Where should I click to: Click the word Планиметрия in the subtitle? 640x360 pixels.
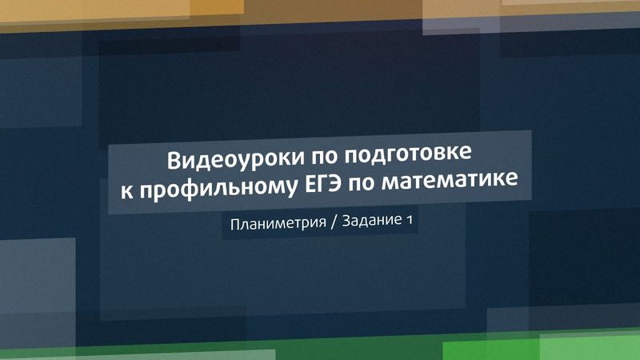276,223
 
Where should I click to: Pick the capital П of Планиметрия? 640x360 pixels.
234,224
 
